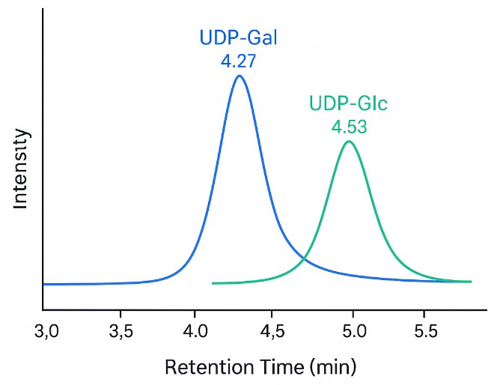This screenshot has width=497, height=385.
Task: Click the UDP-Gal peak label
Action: click(x=238, y=37)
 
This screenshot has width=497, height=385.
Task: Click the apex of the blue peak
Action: click(x=239, y=76)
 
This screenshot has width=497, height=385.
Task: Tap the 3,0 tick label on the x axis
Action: click(x=47, y=330)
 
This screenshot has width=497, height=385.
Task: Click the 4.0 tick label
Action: click(x=195, y=330)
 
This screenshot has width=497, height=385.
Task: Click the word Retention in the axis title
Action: click(x=198, y=368)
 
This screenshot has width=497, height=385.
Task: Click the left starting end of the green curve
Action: click(x=214, y=283)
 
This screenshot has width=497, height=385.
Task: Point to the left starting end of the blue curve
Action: click(x=44, y=285)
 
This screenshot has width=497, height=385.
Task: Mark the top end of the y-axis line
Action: click(x=43, y=9)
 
